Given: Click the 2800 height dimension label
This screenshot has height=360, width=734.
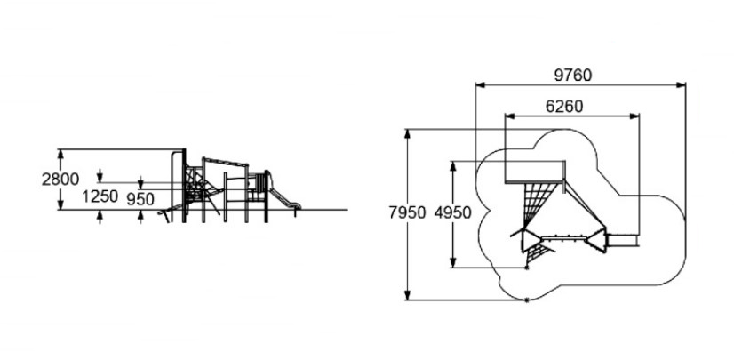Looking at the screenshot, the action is tap(60, 180).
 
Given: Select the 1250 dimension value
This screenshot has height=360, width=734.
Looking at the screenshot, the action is tap(100, 196).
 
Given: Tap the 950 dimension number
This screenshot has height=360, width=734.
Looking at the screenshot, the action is tap(140, 199).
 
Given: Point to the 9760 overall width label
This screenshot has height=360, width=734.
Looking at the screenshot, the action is tap(573, 75).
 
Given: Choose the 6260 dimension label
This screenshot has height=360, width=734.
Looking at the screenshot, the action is tap(564, 107).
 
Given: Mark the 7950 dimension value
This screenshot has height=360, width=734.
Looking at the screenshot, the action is tap(407, 212).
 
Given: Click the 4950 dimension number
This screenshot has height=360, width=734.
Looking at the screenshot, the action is tap(452, 212).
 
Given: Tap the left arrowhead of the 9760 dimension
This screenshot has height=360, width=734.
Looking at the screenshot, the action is tap(480, 85).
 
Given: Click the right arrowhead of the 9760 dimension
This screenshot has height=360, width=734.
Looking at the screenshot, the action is tap(681, 85).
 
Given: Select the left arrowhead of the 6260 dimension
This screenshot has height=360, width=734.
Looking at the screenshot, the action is tap(510, 116).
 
